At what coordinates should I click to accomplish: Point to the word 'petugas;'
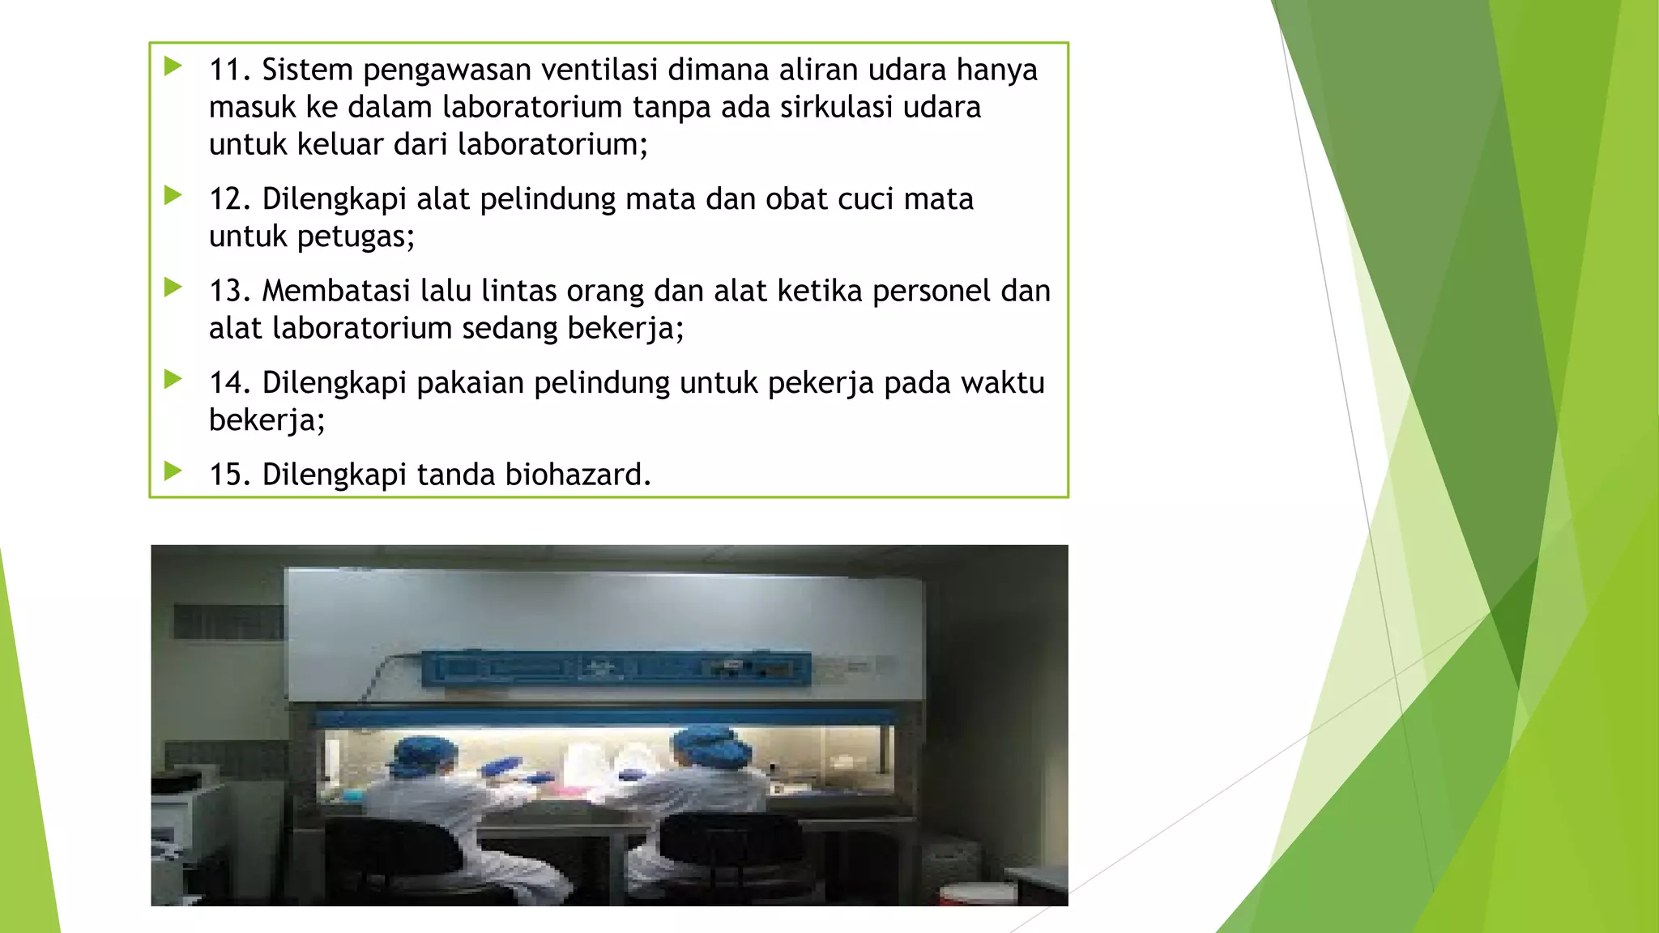[x=356, y=236]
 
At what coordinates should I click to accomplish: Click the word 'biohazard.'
[x=578, y=475]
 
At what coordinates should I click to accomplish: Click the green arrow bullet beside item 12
[x=173, y=195]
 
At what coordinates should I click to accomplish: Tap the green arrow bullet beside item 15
[x=173, y=471]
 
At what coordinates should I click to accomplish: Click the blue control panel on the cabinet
[x=616, y=669]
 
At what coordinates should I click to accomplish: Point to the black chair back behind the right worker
[x=729, y=846]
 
